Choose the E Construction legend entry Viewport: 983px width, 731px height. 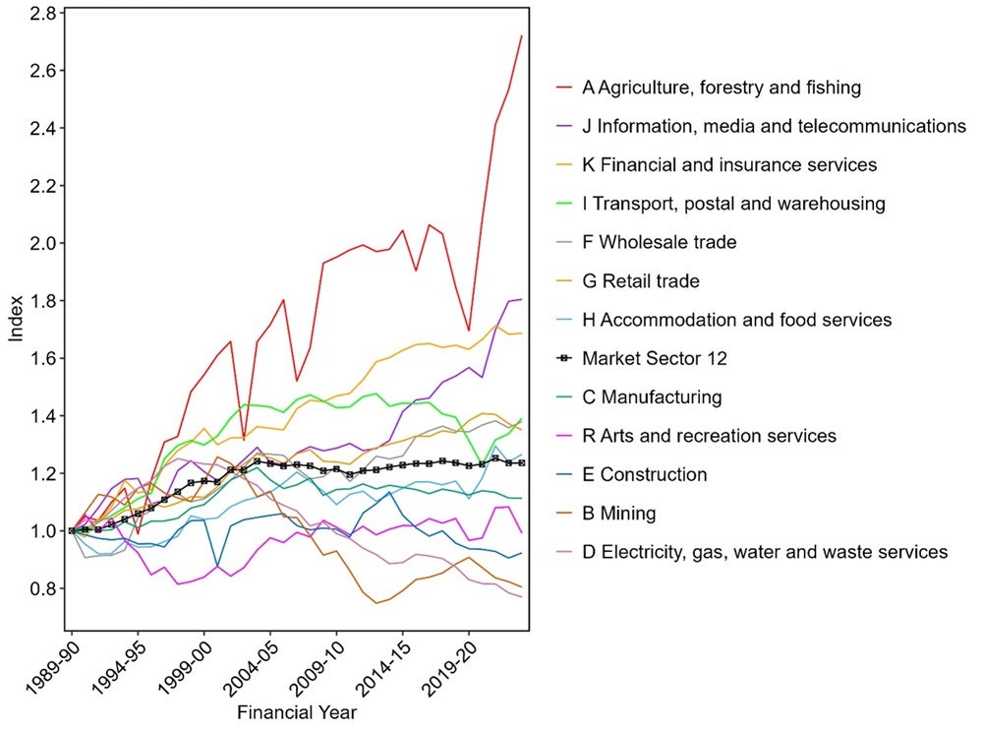point(644,475)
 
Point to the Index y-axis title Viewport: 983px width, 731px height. point(16,319)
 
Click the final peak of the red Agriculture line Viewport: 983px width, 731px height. point(521,36)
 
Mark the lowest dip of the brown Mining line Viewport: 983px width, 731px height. point(376,603)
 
